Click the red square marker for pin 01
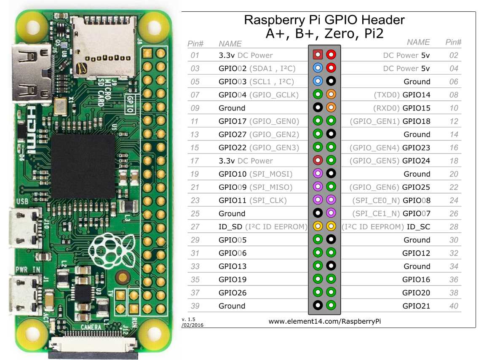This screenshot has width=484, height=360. point(318,55)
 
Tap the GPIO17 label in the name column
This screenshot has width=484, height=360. point(232,121)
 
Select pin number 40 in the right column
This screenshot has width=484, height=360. point(453,306)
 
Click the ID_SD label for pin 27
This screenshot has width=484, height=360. point(230,227)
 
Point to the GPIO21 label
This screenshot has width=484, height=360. point(416,306)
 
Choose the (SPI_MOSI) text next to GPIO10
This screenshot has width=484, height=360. point(271,174)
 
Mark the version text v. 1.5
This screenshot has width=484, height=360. point(188,320)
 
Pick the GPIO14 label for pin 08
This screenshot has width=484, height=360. point(416,95)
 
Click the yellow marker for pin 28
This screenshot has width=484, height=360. point(331,227)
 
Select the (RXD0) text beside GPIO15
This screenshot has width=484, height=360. point(386,108)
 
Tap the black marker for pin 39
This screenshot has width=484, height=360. point(318,306)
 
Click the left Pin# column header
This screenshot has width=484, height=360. point(195,43)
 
